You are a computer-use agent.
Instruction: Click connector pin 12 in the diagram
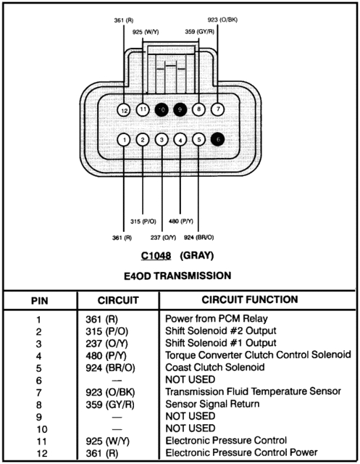[125, 110]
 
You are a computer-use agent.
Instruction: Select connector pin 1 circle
[125, 139]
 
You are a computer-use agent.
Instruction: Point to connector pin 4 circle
[180, 139]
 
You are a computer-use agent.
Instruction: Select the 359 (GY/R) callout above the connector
[200, 31]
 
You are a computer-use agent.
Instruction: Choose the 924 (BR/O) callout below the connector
[199, 236]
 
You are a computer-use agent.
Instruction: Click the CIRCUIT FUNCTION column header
[249, 299]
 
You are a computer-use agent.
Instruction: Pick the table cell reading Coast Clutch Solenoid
[210, 368]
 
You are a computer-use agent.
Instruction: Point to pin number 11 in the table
[38, 440]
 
